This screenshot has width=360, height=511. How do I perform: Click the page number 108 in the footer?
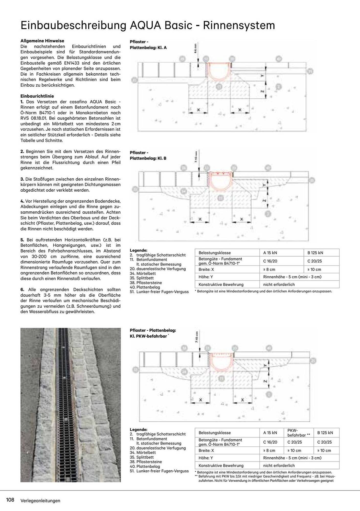(x=10, y=500)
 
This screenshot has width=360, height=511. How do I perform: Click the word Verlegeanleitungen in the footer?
(x=40, y=501)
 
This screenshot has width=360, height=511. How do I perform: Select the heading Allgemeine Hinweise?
(x=42, y=41)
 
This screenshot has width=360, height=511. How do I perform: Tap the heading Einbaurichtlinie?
(x=37, y=96)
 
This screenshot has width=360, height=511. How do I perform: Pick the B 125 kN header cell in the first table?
(x=315, y=253)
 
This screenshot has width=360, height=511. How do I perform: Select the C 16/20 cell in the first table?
(x=270, y=261)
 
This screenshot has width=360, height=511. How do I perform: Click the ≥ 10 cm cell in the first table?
(x=314, y=270)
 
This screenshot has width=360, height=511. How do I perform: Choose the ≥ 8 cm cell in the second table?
(x=269, y=450)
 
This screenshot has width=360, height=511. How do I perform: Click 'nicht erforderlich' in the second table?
(x=279, y=466)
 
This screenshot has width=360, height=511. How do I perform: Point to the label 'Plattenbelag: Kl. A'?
(x=148, y=48)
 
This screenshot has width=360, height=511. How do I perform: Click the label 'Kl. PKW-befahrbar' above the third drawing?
(x=148, y=336)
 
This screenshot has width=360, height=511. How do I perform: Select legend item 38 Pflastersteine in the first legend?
(x=146, y=283)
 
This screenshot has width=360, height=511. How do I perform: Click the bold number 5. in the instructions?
(x=22, y=240)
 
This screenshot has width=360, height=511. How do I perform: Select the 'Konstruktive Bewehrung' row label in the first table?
(x=221, y=285)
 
